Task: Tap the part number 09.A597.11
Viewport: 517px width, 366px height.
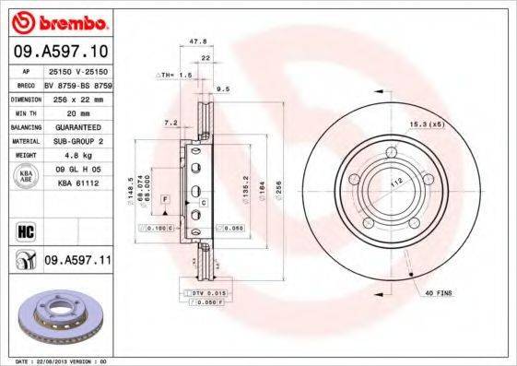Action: click(x=77, y=262)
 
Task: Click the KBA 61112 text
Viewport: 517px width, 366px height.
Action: click(x=77, y=183)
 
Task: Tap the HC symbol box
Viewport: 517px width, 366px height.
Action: click(x=25, y=230)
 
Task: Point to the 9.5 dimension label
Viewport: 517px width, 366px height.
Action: click(x=222, y=90)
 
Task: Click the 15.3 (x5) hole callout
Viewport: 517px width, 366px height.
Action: click(x=427, y=124)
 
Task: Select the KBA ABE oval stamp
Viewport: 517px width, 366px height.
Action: click(x=27, y=176)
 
